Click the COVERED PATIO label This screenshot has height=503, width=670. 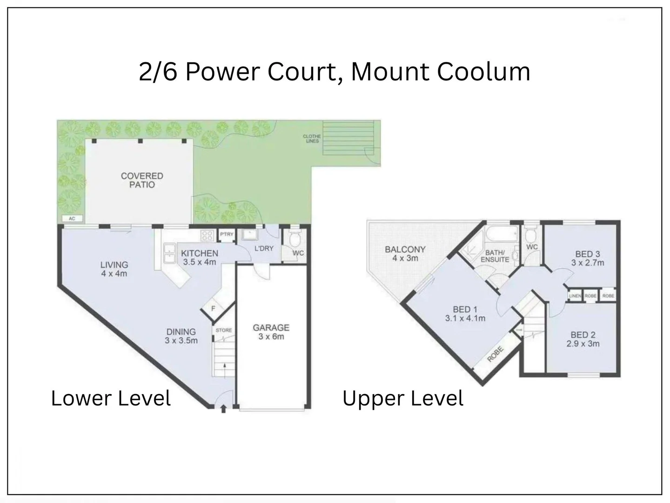click(x=142, y=180)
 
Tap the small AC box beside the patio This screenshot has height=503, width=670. click(x=72, y=218)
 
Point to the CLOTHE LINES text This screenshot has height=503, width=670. click(x=312, y=138)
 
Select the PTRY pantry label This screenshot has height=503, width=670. click(x=227, y=234)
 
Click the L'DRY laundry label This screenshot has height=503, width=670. click(x=264, y=248)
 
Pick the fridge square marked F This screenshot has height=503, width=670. click(x=213, y=308)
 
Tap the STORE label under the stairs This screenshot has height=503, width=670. click(x=224, y=330)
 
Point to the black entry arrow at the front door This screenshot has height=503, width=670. click(x=223, y=409)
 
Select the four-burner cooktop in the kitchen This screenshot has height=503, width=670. click(x=207, y=235)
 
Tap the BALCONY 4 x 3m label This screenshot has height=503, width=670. click(x=405, y=254)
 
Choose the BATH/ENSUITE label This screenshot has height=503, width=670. click(x=495, y=256)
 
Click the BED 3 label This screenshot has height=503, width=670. click(x=587, y=254)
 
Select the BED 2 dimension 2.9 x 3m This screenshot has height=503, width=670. click(x=583, y=344)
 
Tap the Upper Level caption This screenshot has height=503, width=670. click(x=403, y=399)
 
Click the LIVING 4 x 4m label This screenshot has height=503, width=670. click(x=114, y=269)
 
